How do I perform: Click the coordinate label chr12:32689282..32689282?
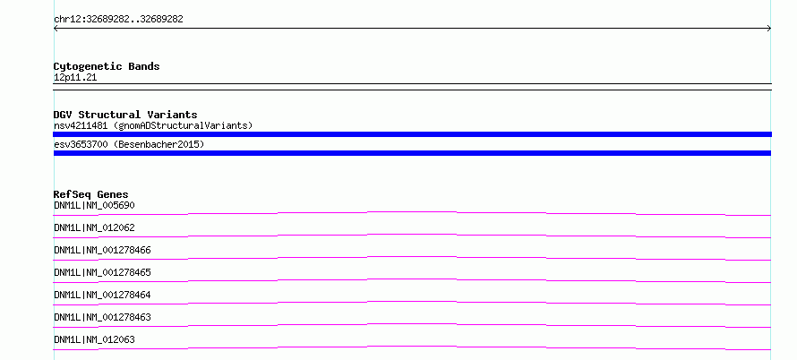tap(118, 20)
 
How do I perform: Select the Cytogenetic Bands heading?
tap(107, 66)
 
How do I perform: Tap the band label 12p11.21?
tap(75, 77)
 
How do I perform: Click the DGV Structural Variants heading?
tap(125, 115)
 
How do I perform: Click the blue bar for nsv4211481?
tap(412, 134)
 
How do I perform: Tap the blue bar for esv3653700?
tap(412, 153)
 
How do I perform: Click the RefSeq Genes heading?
tap(91, 194)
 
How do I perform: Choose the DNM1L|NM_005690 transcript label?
tap(95, 205)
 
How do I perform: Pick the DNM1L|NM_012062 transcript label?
tap(95, 227)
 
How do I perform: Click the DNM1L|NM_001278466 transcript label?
tap(103, 250)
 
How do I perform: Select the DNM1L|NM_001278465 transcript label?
tap(103, 272)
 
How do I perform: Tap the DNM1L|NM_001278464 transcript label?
tap(103, 295)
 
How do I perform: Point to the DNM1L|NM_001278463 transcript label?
tap(103, 317)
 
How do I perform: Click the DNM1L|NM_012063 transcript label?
tap(95, 339)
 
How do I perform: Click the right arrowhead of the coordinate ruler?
tap(770, 29)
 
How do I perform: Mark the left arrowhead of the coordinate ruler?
tap(55, 29)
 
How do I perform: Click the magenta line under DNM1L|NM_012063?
tap(412, 347)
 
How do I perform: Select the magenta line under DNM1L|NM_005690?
tap(412, 212)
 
